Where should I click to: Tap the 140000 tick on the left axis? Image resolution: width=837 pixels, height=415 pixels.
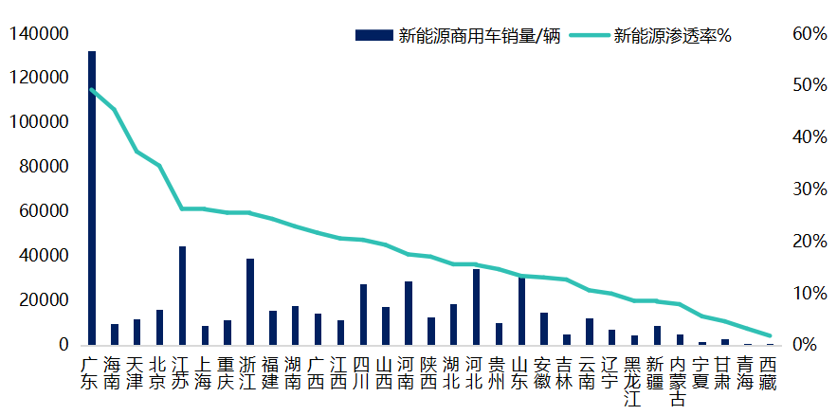click(x=39, y=34)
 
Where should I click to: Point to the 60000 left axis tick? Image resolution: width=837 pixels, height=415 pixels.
click(x=44, y=211)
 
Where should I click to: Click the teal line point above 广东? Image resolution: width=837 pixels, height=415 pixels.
click(x=92, y=90)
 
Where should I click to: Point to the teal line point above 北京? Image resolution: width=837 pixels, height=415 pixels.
click(x=159, y=166)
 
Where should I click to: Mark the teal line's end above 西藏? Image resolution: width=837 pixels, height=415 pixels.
click(x=770, y=335)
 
